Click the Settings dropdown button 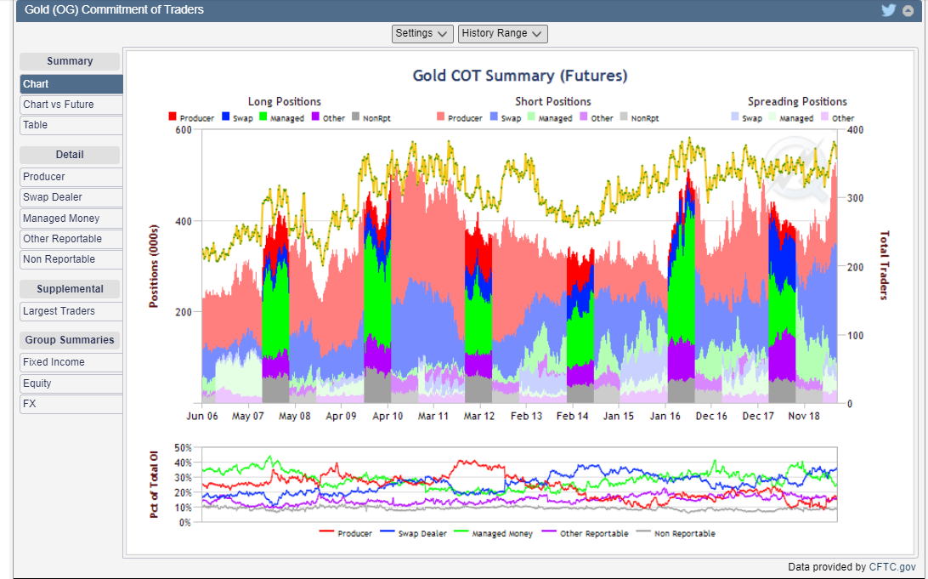422,33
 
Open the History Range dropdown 502,33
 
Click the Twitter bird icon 889,10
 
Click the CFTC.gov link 892,567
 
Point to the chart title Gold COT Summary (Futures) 520,76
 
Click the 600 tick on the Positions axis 183,130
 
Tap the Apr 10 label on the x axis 388,417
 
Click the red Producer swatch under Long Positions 173,117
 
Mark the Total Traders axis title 884,265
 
